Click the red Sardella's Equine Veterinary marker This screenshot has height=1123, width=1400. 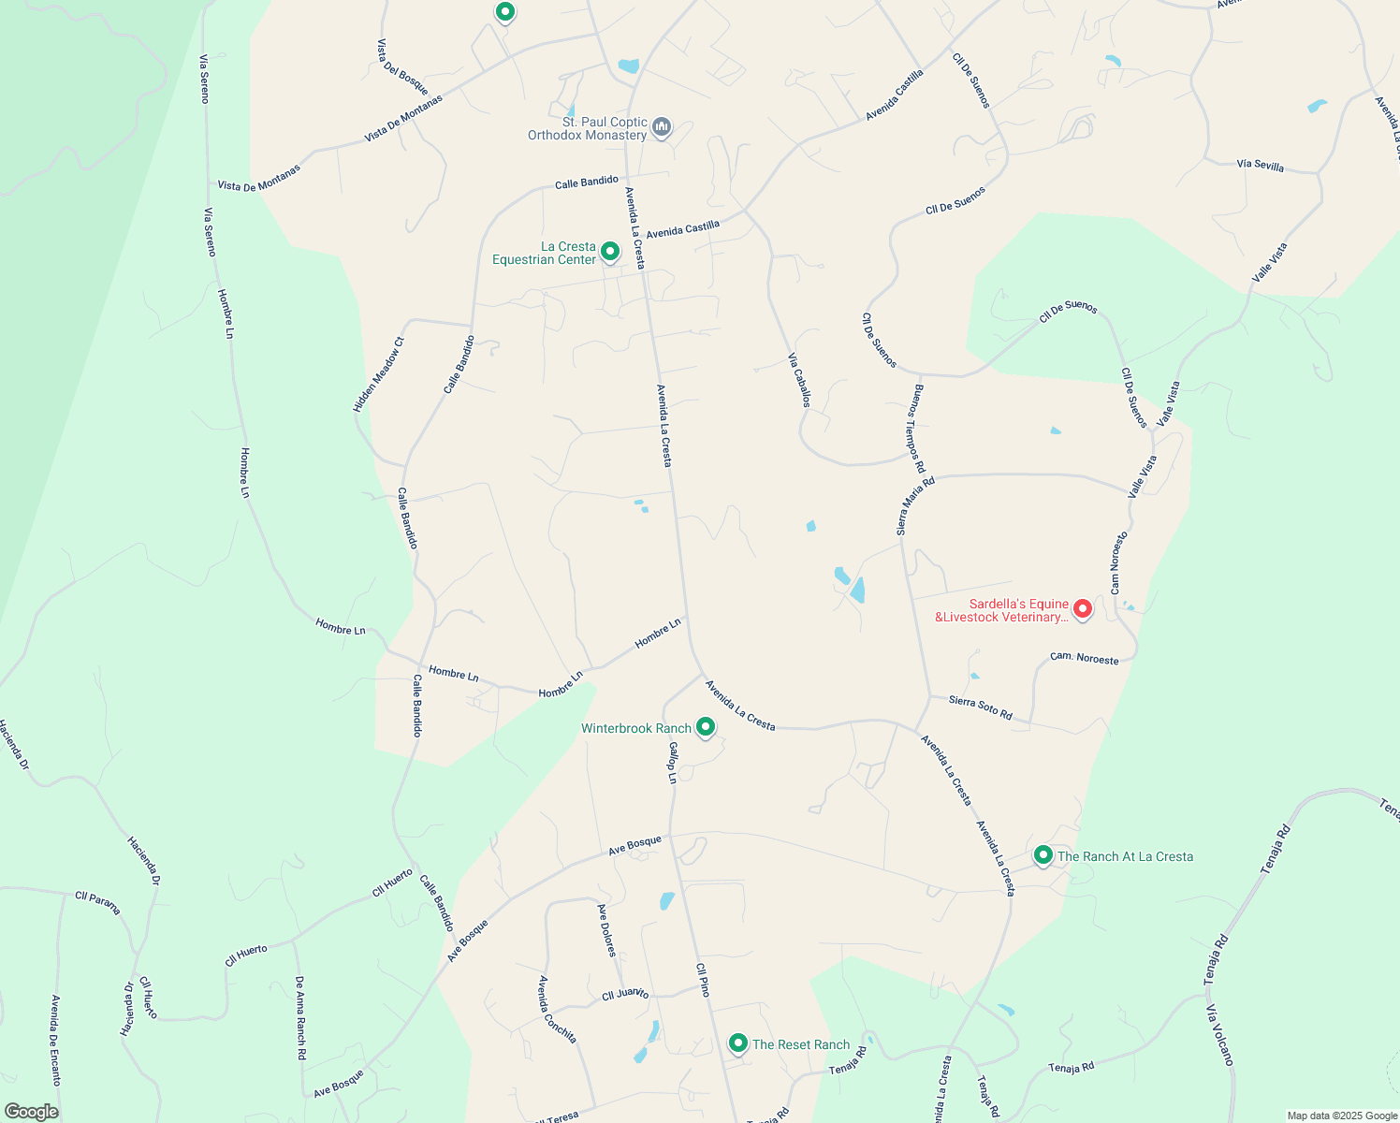tap(1082, 609)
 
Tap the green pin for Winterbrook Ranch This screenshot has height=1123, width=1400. tap(706, 726)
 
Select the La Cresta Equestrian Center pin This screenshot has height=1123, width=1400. tap(609, 251)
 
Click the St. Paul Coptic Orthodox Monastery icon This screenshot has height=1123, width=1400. tap(662, 127)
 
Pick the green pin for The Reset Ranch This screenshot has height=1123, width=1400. tap(737, 1043)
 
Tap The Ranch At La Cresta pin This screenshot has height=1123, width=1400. tap(1043, 854)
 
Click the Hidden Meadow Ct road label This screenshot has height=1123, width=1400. tap(378, 375)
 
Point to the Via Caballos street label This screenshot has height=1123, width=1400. tap(798, 380)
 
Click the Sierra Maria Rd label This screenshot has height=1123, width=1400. tap(915, 506)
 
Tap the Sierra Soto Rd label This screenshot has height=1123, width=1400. tap(980, 707)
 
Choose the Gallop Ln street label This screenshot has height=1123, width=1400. tap(672, 763)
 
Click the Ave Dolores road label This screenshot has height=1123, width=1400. tap(606, 929)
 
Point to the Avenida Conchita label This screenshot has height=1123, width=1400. tap(557, 1009)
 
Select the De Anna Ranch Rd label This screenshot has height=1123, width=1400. tap(300, 1018)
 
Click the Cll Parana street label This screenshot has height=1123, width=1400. tap(97, 902)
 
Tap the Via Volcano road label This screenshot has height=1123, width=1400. tap(1219, 1035)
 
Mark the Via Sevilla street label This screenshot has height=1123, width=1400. tap(1260, 166)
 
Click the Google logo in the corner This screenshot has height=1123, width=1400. tap(31, 1112)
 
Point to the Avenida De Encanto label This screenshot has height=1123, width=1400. tap(56, 1040)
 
